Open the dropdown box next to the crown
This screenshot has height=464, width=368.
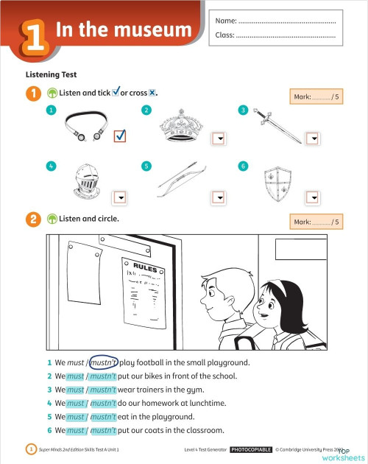(x=218, y=138)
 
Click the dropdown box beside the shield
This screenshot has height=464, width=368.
(x=313, y=196)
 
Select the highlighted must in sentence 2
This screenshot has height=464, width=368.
(x=75, y=376)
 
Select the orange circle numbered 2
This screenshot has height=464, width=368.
(x=33, y=219)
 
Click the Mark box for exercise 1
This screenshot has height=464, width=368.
(x=317, y=96)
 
